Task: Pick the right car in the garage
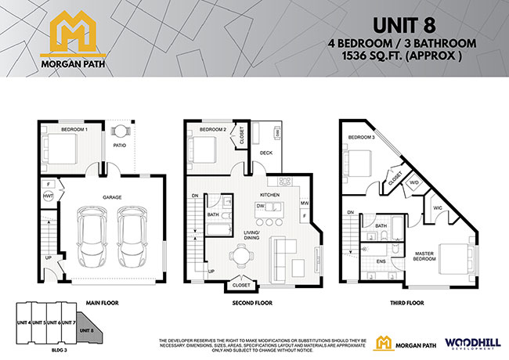pos(132,234)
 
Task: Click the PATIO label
pos(120,145)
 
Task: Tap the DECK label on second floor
pos(266,153)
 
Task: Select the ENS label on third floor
pos(381,261)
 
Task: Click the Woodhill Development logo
pos(466,343)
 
